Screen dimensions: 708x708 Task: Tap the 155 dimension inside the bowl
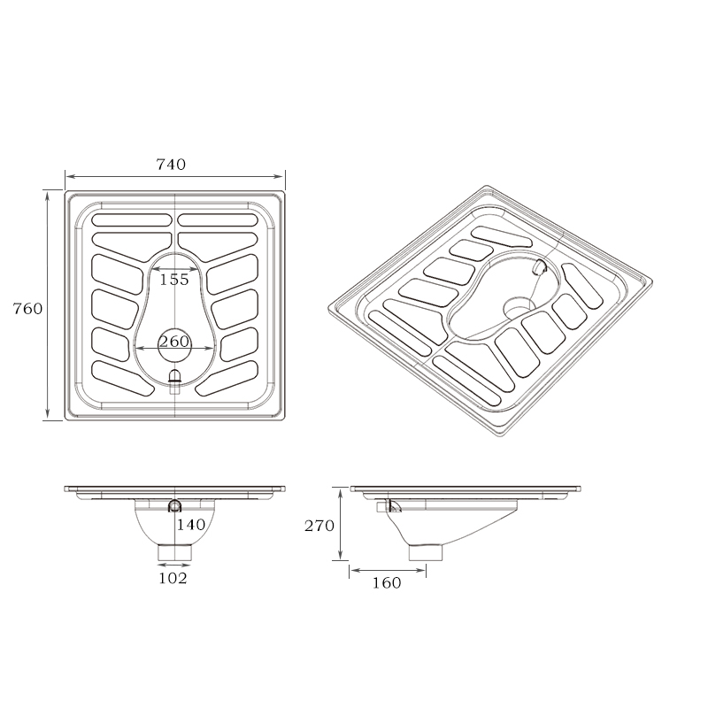pos(174,280)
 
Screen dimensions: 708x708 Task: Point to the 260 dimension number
pos(174,342)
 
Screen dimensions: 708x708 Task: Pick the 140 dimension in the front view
pos(190,525)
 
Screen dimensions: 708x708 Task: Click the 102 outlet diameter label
pos(173,579)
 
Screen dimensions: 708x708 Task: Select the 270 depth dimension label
pos(318,526)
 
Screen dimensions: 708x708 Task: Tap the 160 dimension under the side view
pos(386,582)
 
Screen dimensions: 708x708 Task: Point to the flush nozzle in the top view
pos(174,378)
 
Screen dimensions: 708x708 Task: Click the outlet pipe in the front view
pos(174,552)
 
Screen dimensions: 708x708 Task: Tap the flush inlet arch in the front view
pos(174,505)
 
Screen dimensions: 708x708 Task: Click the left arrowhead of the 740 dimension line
pos(68,177)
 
